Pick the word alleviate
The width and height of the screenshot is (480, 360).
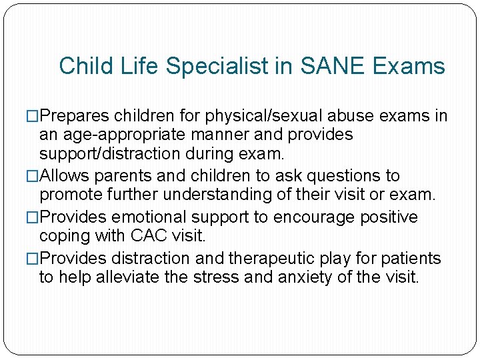point(137,277)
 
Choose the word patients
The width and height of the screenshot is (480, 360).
point(409,257)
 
